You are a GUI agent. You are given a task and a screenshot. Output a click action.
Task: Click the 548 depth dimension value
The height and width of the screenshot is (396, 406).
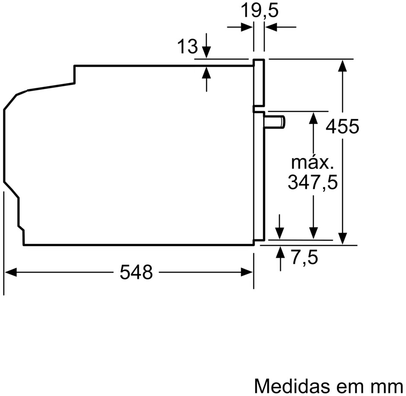pos(136,272)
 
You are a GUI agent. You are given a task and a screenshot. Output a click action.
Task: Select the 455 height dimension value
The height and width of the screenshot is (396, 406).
pos(342,127)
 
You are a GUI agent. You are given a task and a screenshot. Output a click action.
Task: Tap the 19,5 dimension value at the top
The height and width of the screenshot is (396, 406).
pos(259,11)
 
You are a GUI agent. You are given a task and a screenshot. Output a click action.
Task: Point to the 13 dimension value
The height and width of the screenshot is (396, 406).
pos(187,46)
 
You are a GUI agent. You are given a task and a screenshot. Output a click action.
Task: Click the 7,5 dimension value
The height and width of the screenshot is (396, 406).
pos(304,258)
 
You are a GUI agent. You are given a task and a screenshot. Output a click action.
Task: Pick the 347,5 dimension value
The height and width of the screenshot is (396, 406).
pos(313,182)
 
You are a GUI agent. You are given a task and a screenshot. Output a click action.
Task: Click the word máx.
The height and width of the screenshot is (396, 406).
pos(312,163)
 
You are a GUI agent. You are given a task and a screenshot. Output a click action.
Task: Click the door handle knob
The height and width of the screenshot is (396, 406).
pos(275,122)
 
